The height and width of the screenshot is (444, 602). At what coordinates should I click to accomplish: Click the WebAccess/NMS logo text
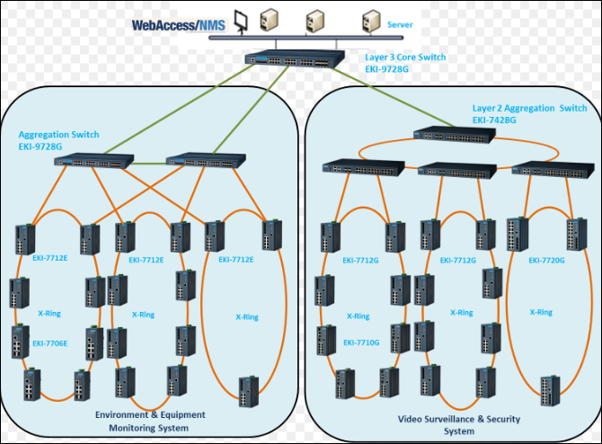point(180,24)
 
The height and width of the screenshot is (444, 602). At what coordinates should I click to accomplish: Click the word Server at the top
point(401,25)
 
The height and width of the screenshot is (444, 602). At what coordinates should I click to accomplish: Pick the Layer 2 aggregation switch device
point(454,134)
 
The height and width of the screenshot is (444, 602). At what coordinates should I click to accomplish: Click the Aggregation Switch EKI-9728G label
point(58,139)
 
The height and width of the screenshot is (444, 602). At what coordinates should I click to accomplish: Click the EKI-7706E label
point(50,342)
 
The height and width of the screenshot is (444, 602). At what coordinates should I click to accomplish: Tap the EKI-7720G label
point(546,261)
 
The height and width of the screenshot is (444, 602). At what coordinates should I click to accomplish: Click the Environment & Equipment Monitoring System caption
point(150,421)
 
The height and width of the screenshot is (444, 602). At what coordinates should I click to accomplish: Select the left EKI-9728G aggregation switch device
point(93,162)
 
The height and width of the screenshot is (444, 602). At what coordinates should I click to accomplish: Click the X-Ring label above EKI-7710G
point(358,315)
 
